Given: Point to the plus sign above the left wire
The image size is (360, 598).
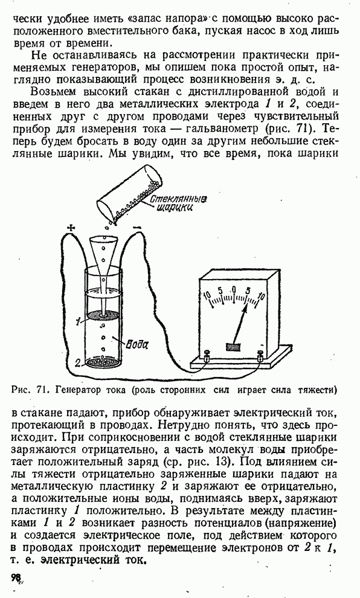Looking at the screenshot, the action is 70,228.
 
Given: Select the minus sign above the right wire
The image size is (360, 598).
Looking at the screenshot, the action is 138,228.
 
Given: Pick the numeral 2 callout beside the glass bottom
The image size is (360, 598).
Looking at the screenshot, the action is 77,362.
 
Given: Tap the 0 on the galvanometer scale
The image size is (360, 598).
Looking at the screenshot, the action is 234,289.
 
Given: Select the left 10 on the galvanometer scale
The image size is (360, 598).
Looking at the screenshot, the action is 208,295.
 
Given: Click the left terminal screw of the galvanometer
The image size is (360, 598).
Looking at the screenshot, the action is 208,356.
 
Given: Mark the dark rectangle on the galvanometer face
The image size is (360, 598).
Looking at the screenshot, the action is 234,347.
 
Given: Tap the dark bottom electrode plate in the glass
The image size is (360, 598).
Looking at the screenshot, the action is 103,362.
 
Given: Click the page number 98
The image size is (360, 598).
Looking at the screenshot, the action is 17,577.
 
